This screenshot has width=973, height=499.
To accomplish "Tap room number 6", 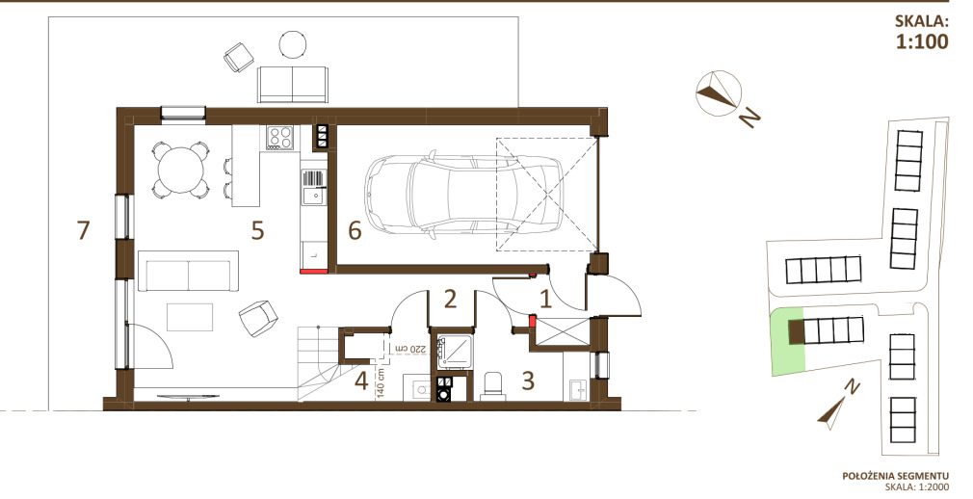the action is click(355, 230).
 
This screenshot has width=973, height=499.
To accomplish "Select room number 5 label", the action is click(257, 230).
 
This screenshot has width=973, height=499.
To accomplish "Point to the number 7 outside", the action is click(83, 230).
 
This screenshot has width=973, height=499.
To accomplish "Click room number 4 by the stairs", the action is click(362, 381).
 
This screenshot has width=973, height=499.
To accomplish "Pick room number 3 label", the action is click(528, 381).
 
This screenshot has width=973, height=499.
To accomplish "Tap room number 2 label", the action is click(451, 300).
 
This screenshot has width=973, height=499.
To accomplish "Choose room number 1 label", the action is click(545, 300).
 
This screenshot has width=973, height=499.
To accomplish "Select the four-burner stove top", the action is click(279, 137).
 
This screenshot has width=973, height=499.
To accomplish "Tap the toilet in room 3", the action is click(492, 385).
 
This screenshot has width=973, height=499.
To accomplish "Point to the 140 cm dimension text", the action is click(381, 383).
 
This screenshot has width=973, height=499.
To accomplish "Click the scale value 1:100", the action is click(922, 41).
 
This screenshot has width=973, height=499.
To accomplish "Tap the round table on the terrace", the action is click(293, 44).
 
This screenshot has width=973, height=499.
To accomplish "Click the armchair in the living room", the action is click(257, 318).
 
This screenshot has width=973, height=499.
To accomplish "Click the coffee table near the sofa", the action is click(190, 317).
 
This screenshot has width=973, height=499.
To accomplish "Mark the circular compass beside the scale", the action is click(719, 93).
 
